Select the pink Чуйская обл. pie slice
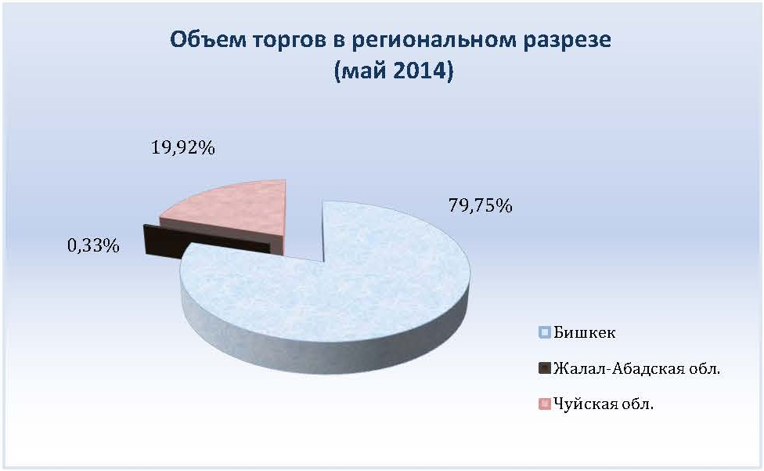[x=234, y=210]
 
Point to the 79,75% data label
[x=481, y=206]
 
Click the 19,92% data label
[x=183, y=147]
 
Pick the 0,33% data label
[x=94, y=245]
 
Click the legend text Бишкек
[x=585, y=332]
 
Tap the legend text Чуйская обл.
[x=604, y=404]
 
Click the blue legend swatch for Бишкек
[x=545, y=332]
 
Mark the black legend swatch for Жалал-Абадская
[x=545, y=368]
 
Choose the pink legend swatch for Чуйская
[x=545, y=404]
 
